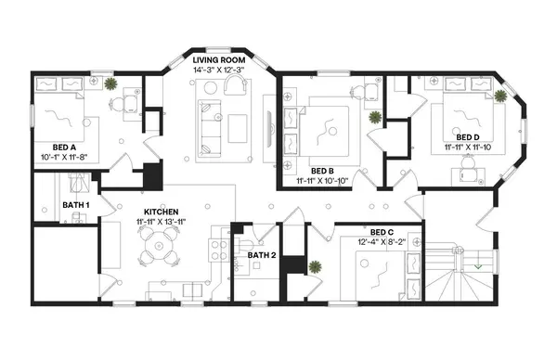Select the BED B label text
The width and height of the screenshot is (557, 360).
323,171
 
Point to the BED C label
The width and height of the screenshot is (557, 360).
382,232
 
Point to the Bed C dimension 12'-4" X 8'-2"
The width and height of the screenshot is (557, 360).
382,243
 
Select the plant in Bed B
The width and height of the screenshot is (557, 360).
375,118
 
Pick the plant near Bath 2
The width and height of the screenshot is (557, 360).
316,266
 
